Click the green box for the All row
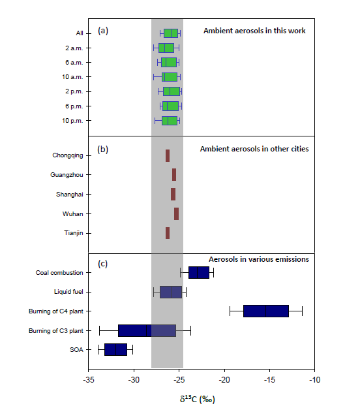171,33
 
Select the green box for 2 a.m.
166,48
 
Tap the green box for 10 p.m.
170,121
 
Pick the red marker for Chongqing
168,155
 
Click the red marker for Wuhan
176,214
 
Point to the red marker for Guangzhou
174,175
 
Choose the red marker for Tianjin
168,233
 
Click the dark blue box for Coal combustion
199,272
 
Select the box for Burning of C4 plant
266,311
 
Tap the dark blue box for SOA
115,349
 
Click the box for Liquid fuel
171,292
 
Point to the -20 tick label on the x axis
224,380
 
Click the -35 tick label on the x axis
89,380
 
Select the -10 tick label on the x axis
314,380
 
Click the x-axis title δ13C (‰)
197,399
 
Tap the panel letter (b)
102,150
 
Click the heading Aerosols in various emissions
259,259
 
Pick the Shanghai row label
70,195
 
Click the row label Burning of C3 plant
56,331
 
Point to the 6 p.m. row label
74,106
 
